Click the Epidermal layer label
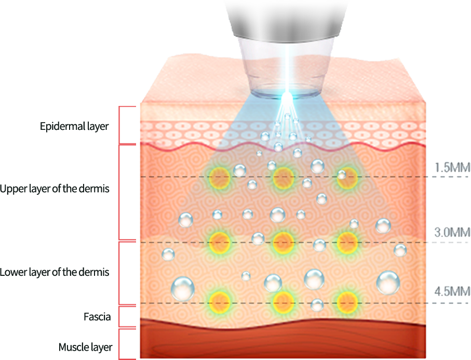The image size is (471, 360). click(74, 126)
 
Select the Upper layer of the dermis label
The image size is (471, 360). click(55, 189)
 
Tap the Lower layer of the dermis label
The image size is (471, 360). click(55, 272)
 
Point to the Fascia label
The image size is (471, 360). click(97, 316)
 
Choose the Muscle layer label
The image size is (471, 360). click(85, 347)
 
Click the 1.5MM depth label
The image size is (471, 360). click(452, 167)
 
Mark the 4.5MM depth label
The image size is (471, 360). click(452, 291)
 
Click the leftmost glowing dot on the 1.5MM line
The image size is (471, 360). click(219, 178)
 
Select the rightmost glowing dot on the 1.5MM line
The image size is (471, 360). click(347, 178)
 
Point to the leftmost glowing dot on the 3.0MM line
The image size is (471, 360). click(219, 241)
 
